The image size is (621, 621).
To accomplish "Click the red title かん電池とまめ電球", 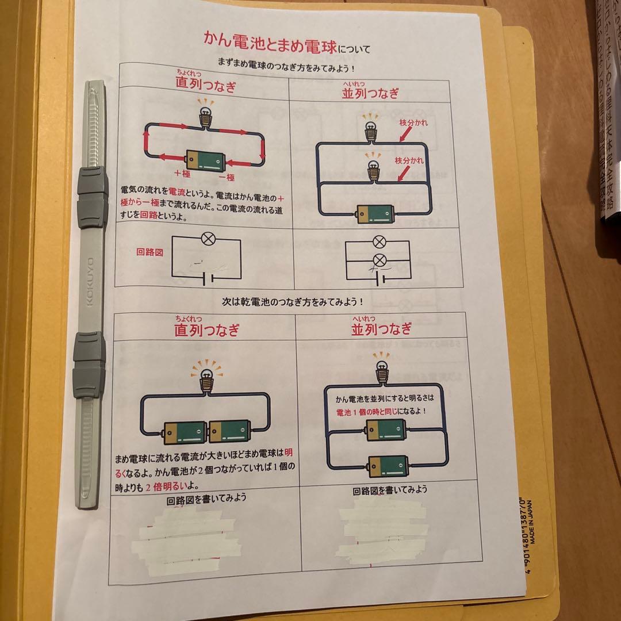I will [270, 40].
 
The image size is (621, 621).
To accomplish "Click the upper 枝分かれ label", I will [415, 124].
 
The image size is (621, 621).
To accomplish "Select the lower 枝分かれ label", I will [409, 160].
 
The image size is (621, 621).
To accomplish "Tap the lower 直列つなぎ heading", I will [207, 330].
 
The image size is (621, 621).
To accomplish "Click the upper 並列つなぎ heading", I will [377, 93].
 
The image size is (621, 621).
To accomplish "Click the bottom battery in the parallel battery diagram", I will [389, 465].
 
